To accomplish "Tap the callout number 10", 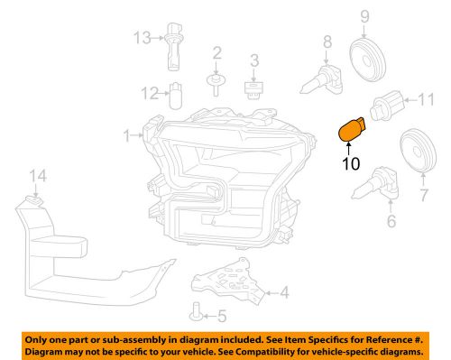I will (x=349, y=163).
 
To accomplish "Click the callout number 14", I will (x=35, y=175).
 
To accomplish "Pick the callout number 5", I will (x=221, y=317).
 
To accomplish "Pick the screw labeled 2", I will (x=216, y=84).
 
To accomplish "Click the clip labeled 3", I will (x=254, y=88).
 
